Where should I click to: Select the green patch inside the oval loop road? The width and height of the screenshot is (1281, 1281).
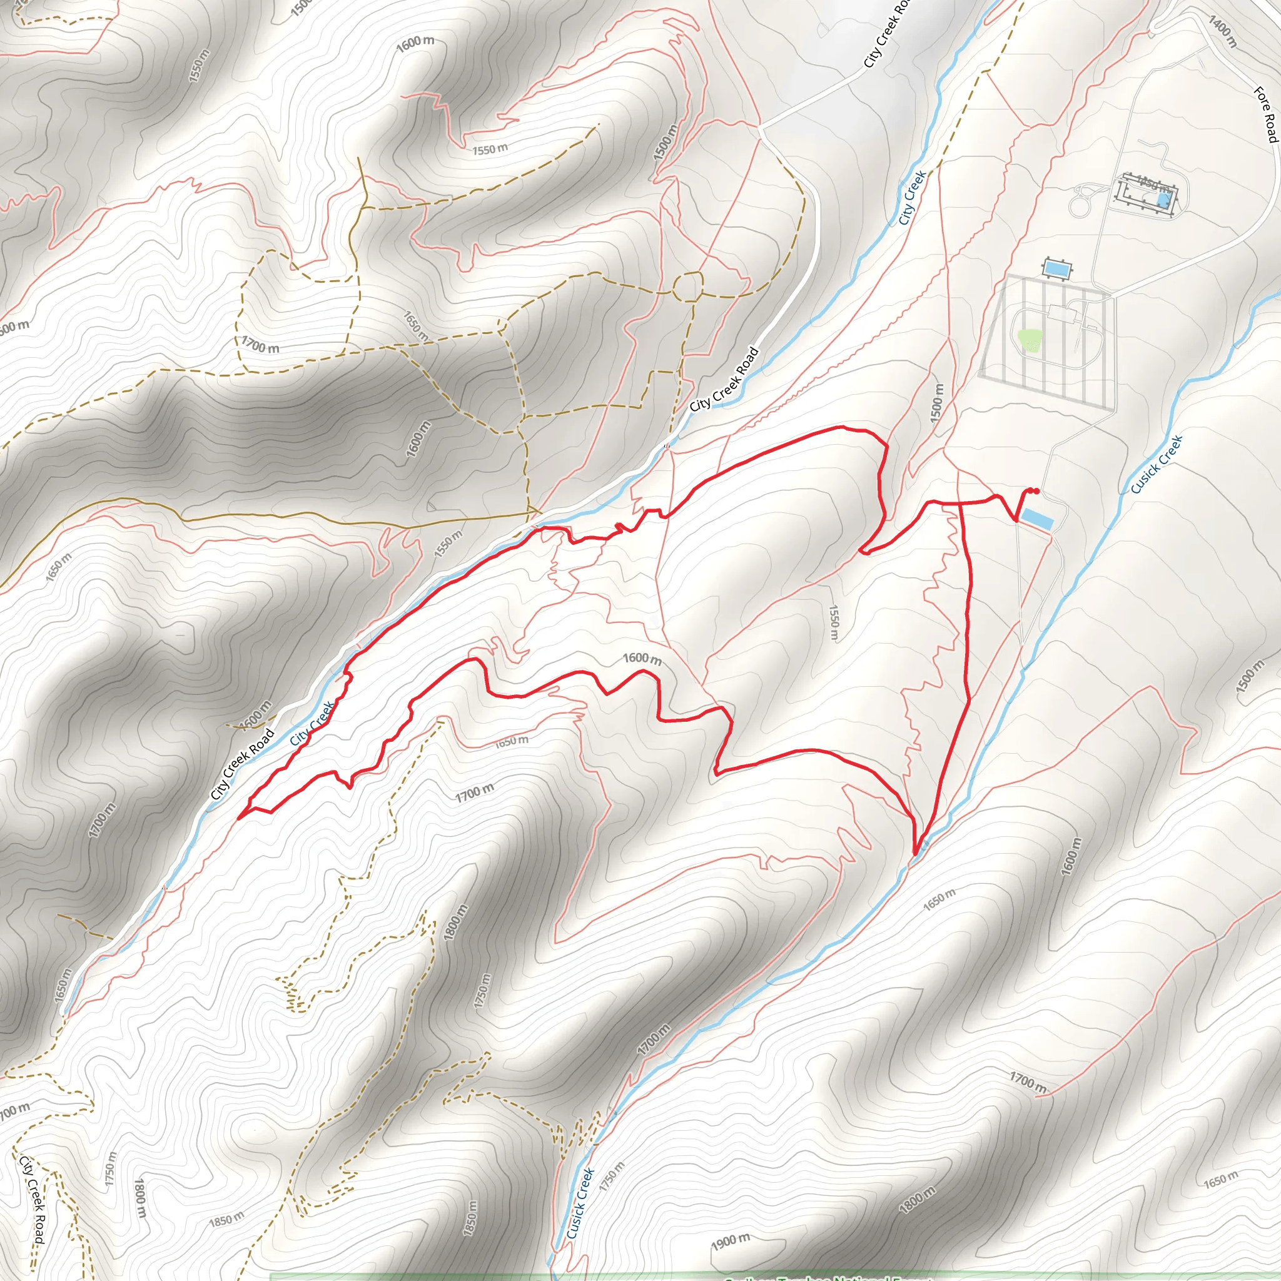pyautogui.click(x=1028, y=340)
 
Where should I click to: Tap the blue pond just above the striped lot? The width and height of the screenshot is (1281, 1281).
pyautogui.click(x=1058, y=270)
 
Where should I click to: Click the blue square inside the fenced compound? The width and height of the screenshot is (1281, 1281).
pyautogui.click(x=1162, y=198)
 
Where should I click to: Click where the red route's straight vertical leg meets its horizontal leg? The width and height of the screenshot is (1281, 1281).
pyautogui.click(x=961, y=504)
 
